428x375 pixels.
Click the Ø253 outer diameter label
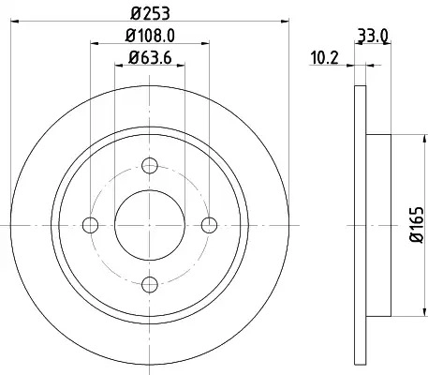pos(150,14)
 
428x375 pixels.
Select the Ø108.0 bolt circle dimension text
pos(150,35)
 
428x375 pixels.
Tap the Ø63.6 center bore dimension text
pos(150,57)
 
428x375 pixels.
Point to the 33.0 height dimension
pos(373,36)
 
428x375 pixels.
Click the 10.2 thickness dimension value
pos(324,58)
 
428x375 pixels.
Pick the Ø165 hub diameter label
pos(417,224)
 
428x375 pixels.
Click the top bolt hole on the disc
pos(150,166)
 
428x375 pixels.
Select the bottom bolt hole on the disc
pos(150,284)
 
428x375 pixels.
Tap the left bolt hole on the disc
pos(91,225)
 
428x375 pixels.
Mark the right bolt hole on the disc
pos(209,225)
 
